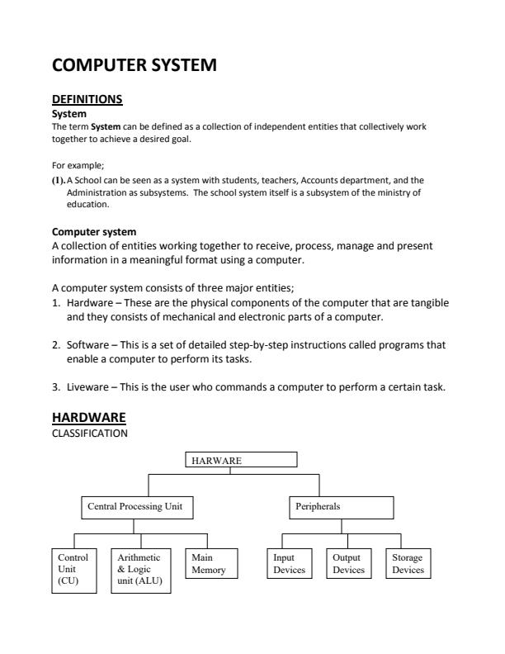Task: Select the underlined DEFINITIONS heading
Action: tap(87, 99)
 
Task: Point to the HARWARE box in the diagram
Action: tap(240, 461)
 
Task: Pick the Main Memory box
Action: tap(210, 564)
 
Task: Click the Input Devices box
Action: tap(290, 564)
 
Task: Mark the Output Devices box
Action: tap(348, 564)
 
